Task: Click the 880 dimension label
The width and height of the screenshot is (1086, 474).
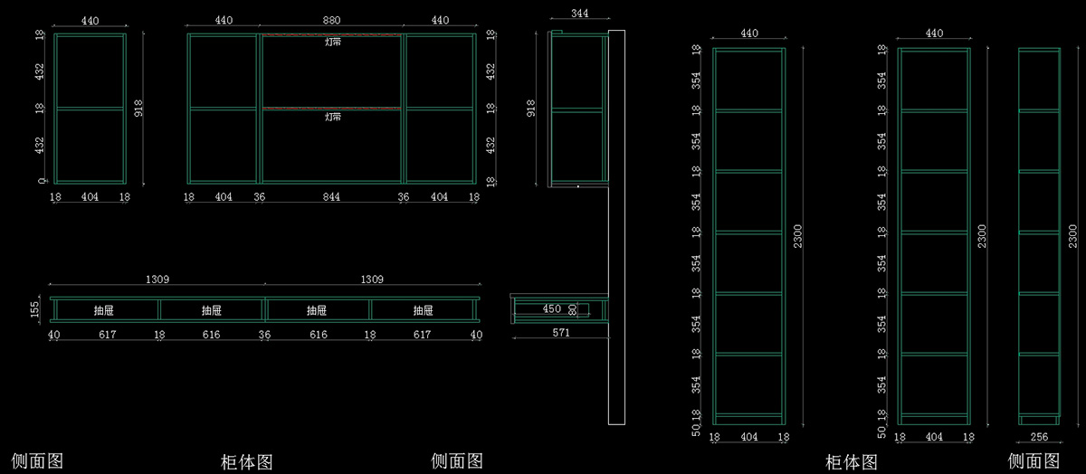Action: click(333, 20)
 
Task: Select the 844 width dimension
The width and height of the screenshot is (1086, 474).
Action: click(333, 196)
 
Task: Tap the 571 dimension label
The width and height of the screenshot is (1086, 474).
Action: click(561, 333)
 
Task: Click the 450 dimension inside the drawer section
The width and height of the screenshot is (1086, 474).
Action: click(552, 309)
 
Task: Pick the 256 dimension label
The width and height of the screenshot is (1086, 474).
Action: click(1039, 437)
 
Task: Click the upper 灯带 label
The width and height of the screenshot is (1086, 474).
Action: click(333, 42)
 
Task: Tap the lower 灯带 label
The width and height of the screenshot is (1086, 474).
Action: click(333, 117)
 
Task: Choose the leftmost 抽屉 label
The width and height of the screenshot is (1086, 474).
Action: click(104, 310)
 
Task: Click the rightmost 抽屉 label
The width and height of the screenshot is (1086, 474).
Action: click(424, 310)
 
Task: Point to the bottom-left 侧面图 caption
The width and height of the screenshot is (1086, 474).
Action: click(38, 460)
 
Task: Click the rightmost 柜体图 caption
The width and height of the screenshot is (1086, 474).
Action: click(852, 462)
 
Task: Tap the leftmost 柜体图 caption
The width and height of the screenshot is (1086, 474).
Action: click(247, 462)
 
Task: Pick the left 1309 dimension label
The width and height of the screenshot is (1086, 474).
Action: click(157, 280)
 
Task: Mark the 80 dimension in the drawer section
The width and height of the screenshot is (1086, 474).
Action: click(573, 309)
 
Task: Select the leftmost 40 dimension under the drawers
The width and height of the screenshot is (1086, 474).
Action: click(54, 335)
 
